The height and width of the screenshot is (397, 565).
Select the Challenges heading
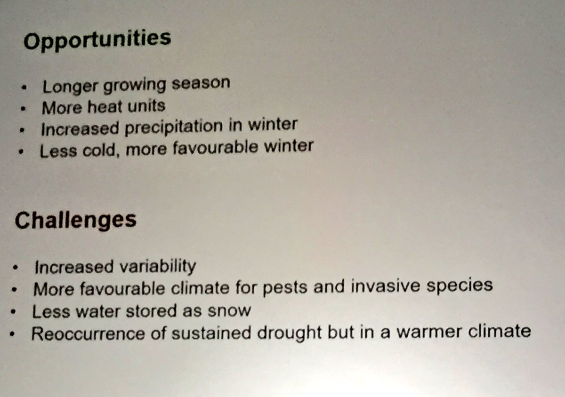click(x=75, y=220)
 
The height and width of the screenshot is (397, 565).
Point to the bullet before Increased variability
click(x=16, y=269)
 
